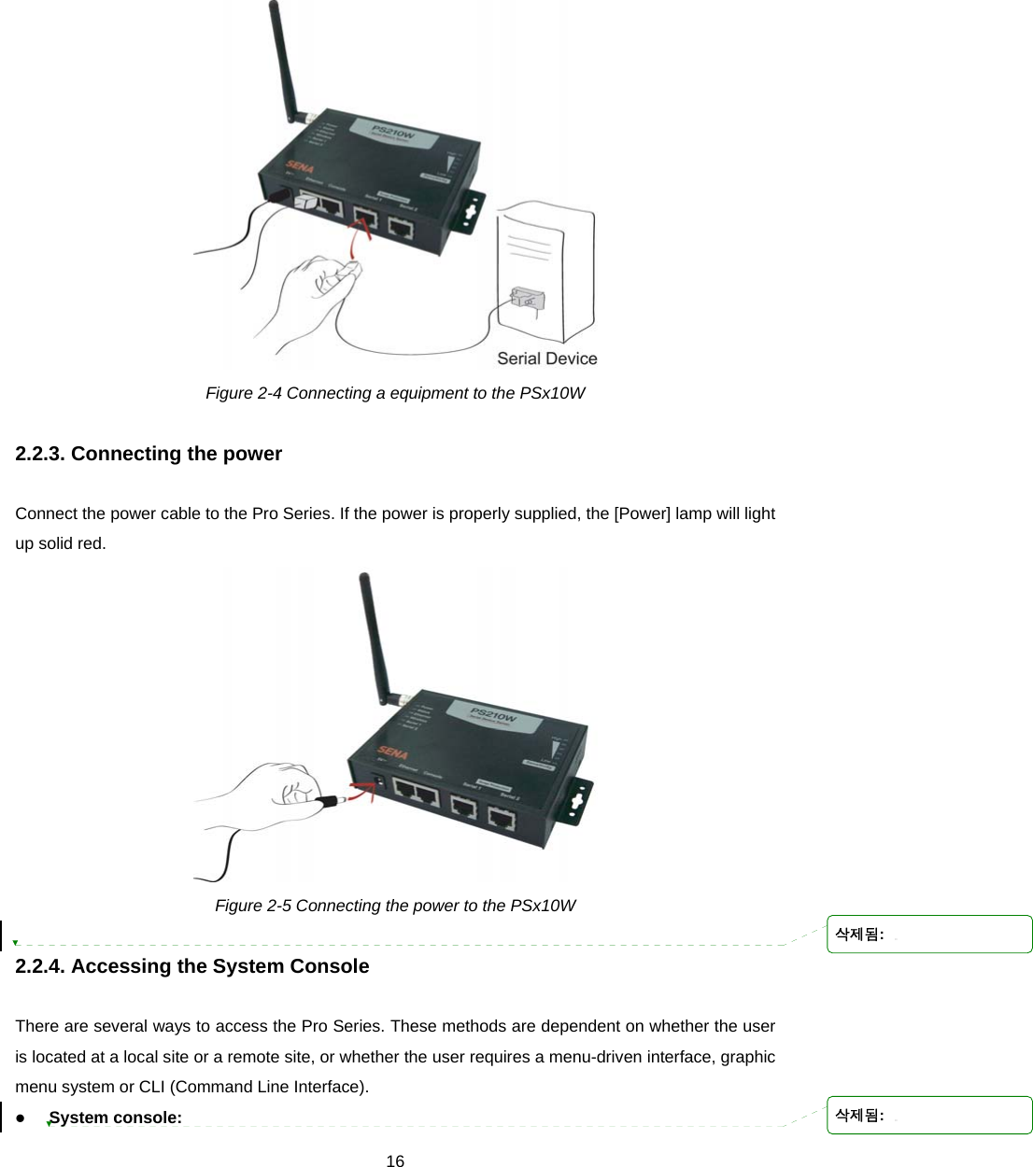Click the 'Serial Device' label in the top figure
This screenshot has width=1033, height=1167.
(546, 359)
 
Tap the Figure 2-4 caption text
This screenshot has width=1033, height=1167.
(395, 393)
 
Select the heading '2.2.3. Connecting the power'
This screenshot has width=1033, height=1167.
(149, 454)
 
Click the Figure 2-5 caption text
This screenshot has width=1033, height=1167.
(395, 906)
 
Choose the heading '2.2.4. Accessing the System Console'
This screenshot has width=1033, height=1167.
(192, 966)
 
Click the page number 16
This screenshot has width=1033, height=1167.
(395, 1160)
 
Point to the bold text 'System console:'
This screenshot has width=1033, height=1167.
(116, 1118)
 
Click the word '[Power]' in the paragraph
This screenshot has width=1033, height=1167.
(642, 513)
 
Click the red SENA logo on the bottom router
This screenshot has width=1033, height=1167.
(392, 752)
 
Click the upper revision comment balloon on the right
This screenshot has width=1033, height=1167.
(929, 934)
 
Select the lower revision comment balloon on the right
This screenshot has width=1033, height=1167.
(929, 1115)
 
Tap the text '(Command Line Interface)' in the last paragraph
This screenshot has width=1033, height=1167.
(269, 1087)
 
